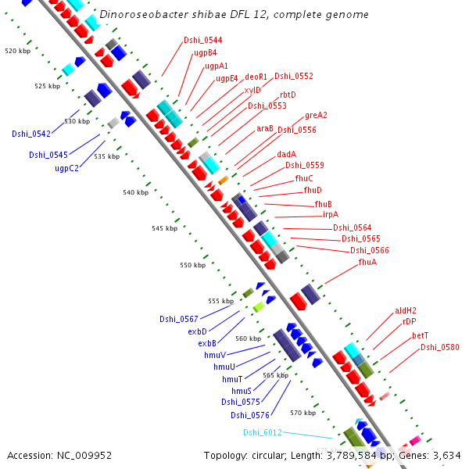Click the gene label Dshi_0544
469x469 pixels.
click(x=202, y=40)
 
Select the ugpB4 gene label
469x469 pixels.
click(x=205, y=53)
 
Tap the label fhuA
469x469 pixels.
click(x=367, y=262)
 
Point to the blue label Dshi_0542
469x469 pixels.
click(x=30, y=134)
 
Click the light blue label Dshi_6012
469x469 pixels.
click(x=262, y=432)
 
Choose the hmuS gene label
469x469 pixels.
click(x=241, y=391)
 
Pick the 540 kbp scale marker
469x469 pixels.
click(x=135, y=192)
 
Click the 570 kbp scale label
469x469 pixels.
click(x=303, y=413)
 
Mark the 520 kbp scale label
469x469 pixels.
click(x=17, y=51)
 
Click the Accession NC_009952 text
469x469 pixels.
click(x=59, y=455)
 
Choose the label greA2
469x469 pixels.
click(x=316, y=116)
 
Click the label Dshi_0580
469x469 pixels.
click(x=439, y=347)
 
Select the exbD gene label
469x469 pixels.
click(x=197, y=331)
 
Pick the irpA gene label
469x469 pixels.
click(x=330, y=214)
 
